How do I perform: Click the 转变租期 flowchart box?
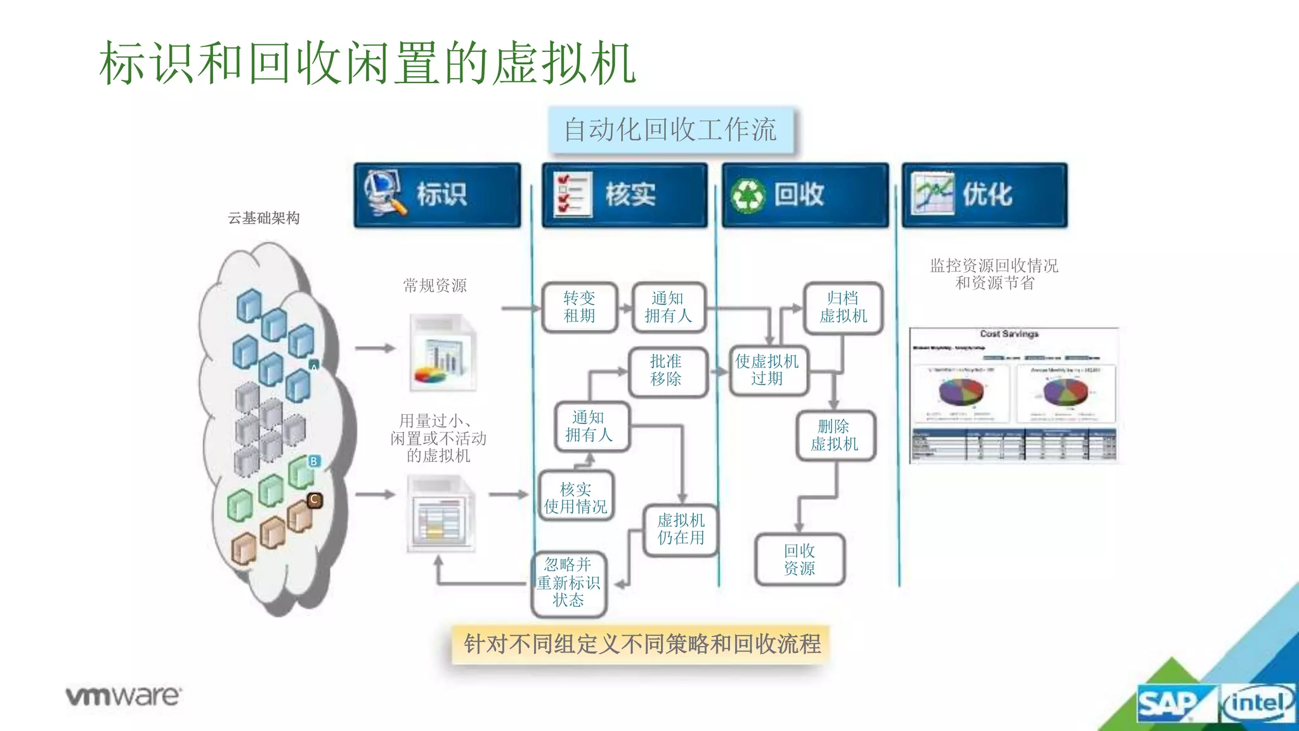pyautogui.click(x=580, y=308)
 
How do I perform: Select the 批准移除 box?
pyautogui.click(x=667, y=371)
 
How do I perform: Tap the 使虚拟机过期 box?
pyautogui.click(x=767, y=371)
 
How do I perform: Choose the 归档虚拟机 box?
pyautogui.click(x=843, y=308)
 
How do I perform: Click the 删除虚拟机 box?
pyautogui.click(x=835, y=435)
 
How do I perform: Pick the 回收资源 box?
pyautogui.click(x=799, y=560)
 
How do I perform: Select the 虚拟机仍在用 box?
pyautogui.click(x=681, y=530)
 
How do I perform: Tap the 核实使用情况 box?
pyautogui.click(x=576, y=498)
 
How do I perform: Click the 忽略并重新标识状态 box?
pyautogui.click(x=568, y=583)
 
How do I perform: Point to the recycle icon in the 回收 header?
pyautogui.click(x=748, y=195)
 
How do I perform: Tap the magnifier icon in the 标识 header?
pyautogui.click(x=384, y=192)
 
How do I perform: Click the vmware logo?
pyautogui.click(x=123, y=696)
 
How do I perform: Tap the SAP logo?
pyautogui.click(x=1167, y=704)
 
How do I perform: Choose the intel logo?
pyautogui.click(x=1257, y=703)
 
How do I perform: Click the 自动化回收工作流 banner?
pyautogui.click(x=670, y=130)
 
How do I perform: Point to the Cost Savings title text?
pyautogui.click(x=1009, y=334)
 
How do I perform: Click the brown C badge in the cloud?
pyautogui.click(x=314, y=499)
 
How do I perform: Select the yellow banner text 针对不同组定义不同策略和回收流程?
pyautogui.click(x=642, y=644)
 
